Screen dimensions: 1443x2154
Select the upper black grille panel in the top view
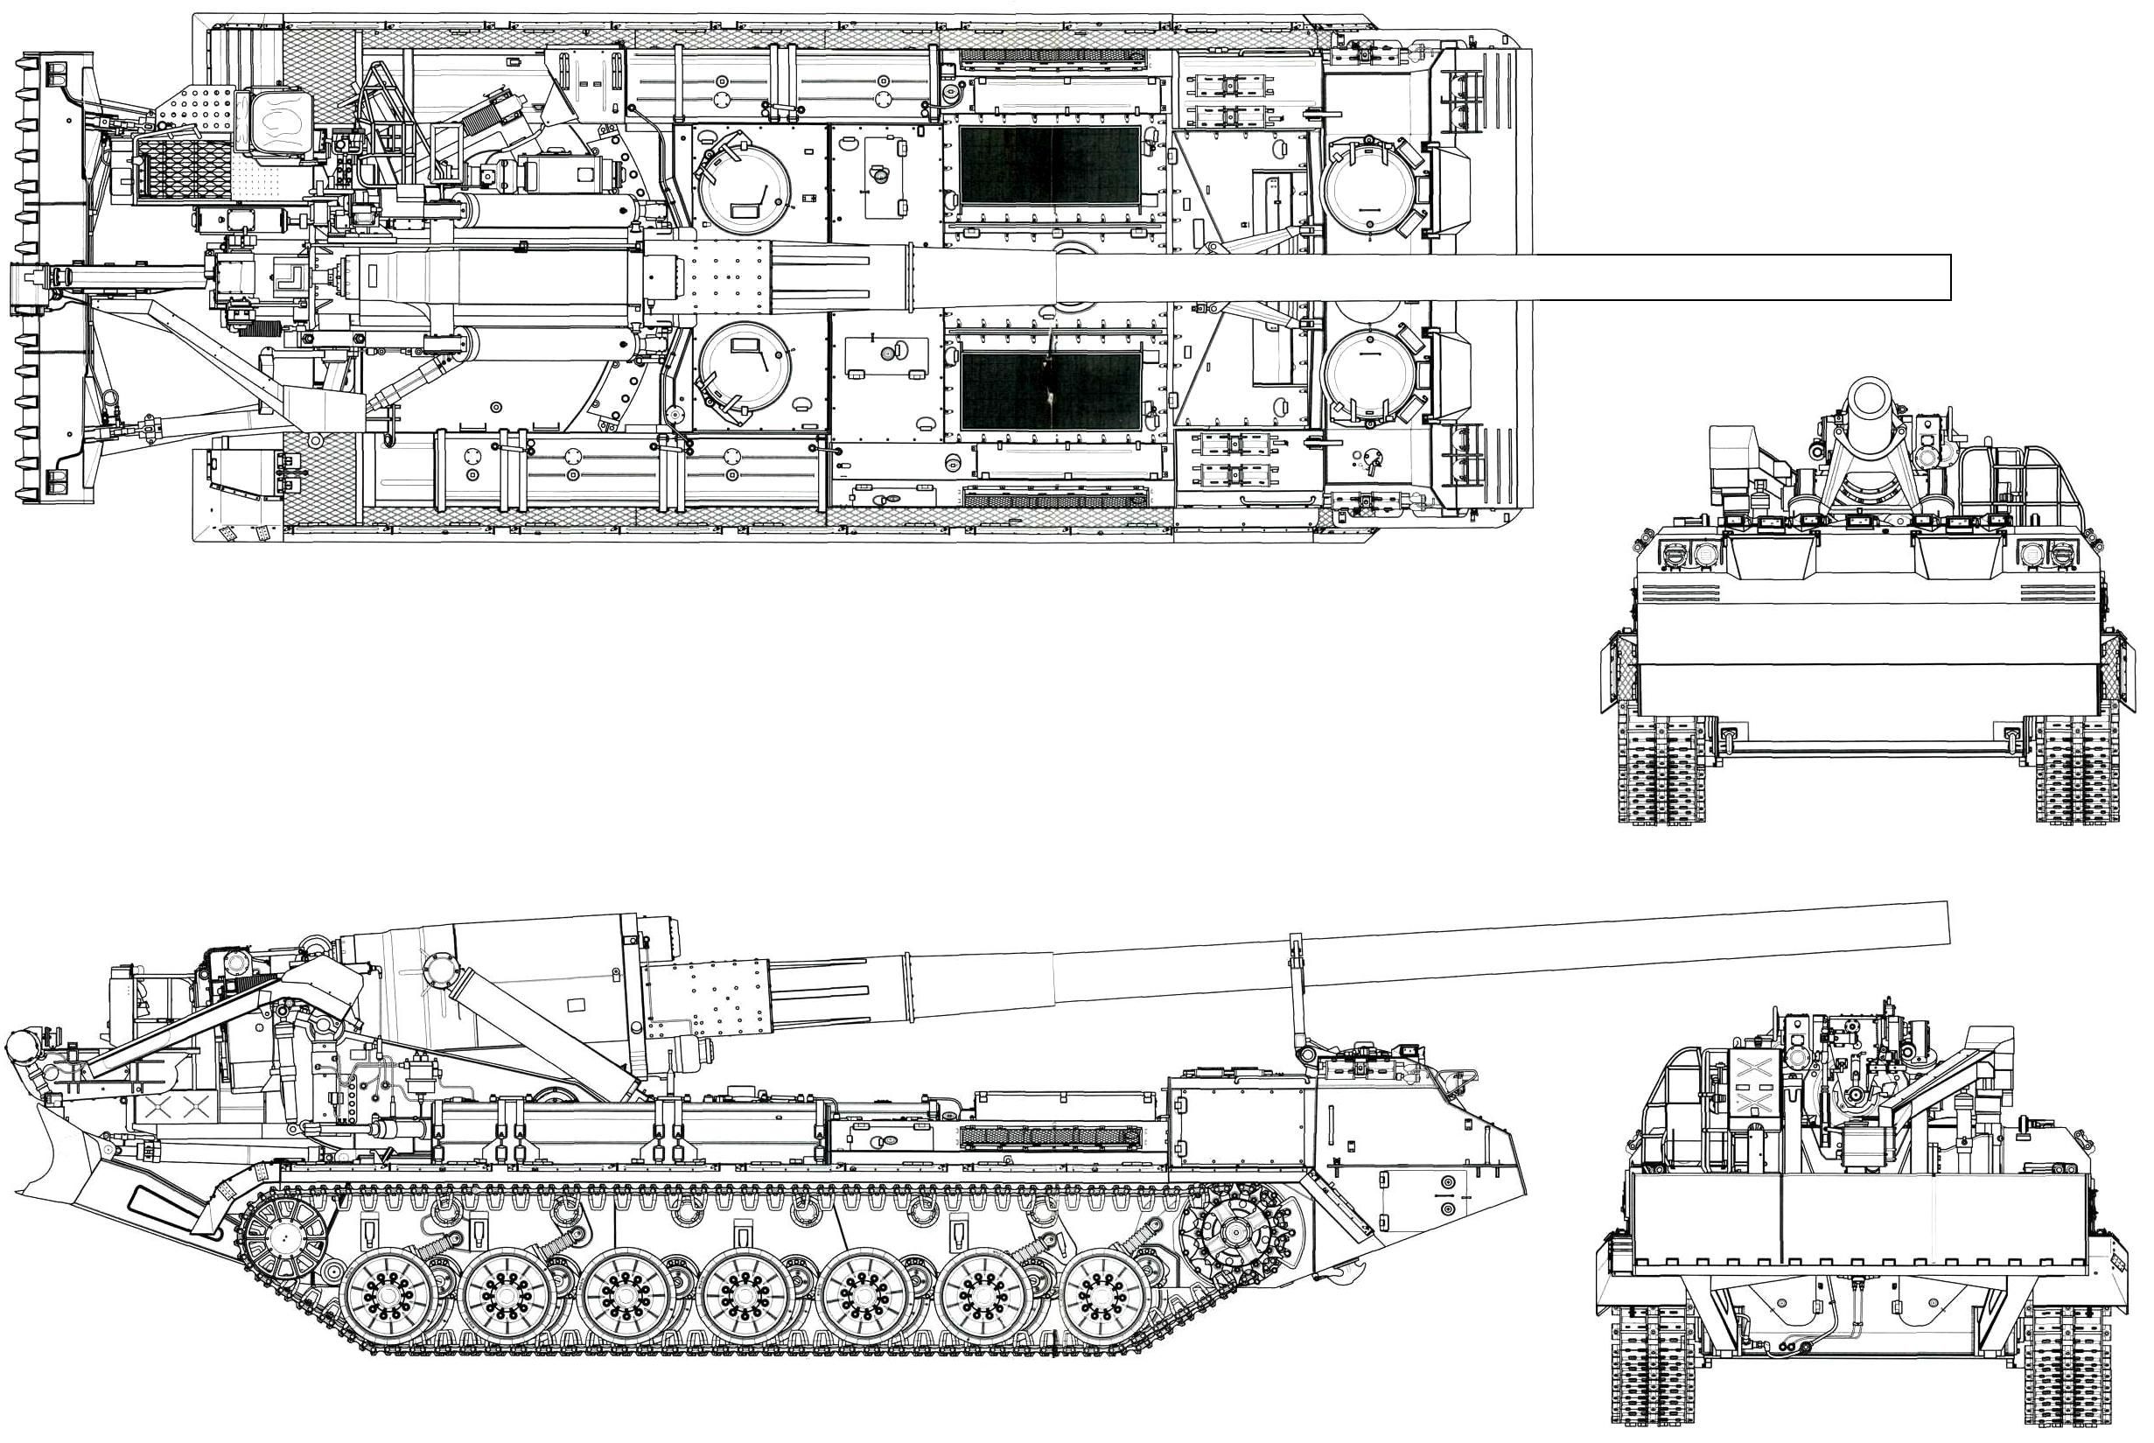point(1049,165)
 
